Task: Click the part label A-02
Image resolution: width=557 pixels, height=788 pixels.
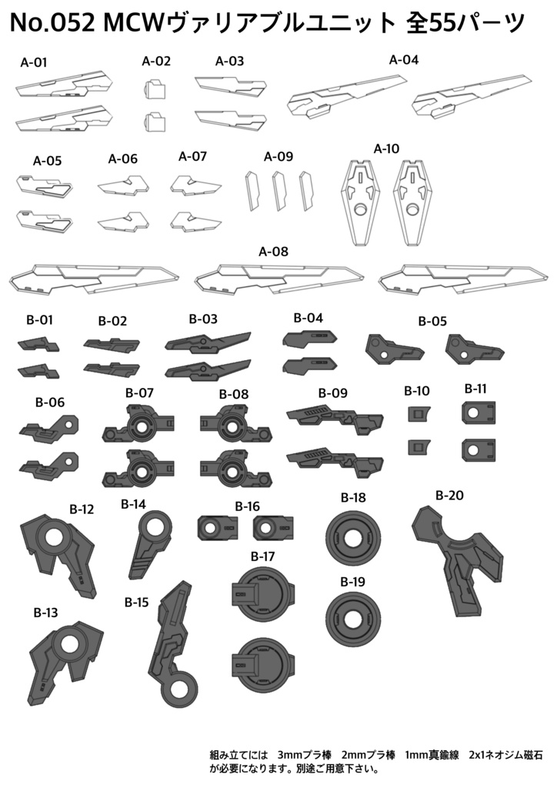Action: click(156, 62)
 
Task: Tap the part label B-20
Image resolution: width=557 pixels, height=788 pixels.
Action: click(449, 496)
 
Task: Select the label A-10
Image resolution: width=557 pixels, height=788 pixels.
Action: click(386, 149)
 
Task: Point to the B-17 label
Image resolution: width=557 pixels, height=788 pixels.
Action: click(262, 556)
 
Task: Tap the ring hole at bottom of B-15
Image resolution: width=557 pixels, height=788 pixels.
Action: click(180, 690)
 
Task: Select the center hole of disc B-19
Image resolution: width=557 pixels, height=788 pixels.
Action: click(351, 617)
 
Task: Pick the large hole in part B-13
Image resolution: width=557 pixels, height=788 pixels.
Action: click(70, 644)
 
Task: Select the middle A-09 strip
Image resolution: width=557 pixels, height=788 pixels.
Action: click(279, 191)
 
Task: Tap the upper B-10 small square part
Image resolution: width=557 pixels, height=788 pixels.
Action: click(418, 414)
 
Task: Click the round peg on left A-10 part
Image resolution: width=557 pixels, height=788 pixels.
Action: click(361, 209)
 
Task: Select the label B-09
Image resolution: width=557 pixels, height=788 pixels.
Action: click(333, 393)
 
